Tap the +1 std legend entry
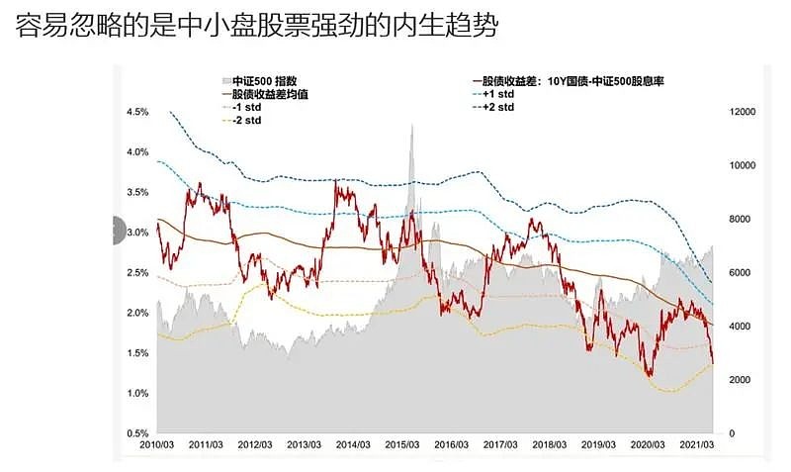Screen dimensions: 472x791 point(501,94)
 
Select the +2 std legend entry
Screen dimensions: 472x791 point(501,107)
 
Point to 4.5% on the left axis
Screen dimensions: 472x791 point(137,112)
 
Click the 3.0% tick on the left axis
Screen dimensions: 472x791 point(137,233)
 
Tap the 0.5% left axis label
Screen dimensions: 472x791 point(137,433)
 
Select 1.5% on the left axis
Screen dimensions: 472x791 point(137,353)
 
